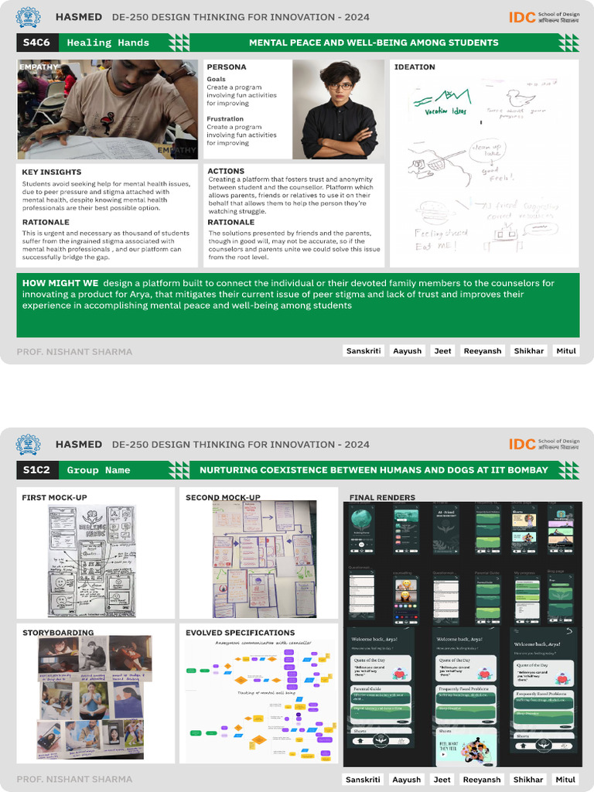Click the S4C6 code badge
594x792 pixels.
coord(37,43)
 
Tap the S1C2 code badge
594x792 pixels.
coord(37,469)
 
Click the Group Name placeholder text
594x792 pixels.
coord(98,470)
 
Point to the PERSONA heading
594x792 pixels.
coord(227,67)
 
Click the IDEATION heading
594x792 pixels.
coord(415,67)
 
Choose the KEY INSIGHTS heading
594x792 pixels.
coord(52,172)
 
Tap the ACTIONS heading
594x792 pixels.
coord(226,171)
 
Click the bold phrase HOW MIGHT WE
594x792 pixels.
coord(60,283)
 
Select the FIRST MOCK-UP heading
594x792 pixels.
coord(54,497)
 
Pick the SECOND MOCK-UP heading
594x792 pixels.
coord(223,497)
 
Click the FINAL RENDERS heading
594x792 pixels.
coord(382,497)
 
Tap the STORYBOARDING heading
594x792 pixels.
coord(58,633)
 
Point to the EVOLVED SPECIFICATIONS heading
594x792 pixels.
coord(240,633)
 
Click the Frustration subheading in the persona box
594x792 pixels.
coord(225,119)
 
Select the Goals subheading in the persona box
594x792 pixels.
coord(217,79)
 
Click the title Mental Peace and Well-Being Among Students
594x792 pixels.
coord(374,43)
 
